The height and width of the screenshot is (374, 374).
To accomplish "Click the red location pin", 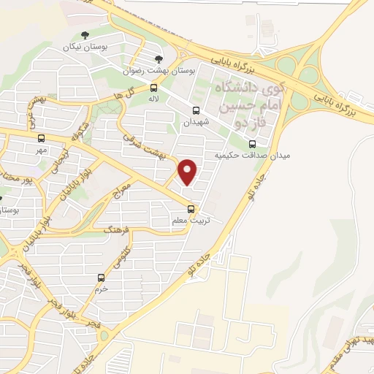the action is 188,172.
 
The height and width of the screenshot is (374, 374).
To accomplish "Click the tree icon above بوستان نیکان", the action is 85,34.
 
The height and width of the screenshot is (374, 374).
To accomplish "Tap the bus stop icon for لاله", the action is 153,87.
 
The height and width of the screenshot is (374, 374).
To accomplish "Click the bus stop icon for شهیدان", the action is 195,111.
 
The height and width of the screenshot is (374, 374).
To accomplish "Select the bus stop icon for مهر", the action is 41,137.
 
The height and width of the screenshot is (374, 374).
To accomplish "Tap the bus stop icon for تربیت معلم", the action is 191,210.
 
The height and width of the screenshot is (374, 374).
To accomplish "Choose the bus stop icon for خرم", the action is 102,278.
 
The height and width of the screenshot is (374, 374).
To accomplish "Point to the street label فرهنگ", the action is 117,234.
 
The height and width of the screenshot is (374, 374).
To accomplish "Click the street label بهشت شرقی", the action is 152,147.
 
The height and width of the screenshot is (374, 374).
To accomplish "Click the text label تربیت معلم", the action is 180,220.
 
